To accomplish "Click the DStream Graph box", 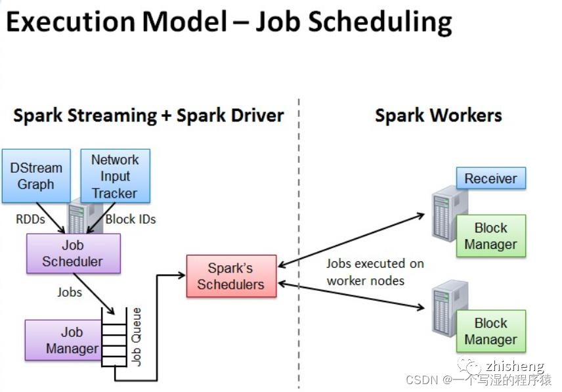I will [x=35, y=175].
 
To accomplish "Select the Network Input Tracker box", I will [x=115, y=176].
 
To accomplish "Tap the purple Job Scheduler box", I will [x=73, y=253].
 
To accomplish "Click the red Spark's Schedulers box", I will [x=231, y=276].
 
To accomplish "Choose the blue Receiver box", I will [x=491, y=178].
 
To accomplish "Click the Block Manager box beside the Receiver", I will [x=490, y=236].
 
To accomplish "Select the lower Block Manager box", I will [x=490, y=332].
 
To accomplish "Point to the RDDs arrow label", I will [x=31, y=219].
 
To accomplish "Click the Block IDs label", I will [x=131, y=219].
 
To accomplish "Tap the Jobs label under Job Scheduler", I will [x=70, y=292].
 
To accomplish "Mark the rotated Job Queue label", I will [x=137, y=336].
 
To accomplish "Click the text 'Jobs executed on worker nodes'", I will [x=375, y=272].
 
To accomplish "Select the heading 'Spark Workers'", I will [x=438, y=116].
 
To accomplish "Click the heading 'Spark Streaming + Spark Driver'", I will [x=148, y=116].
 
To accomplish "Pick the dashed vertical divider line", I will [x=299, y=250].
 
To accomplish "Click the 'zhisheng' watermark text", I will [x=515, y=366].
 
